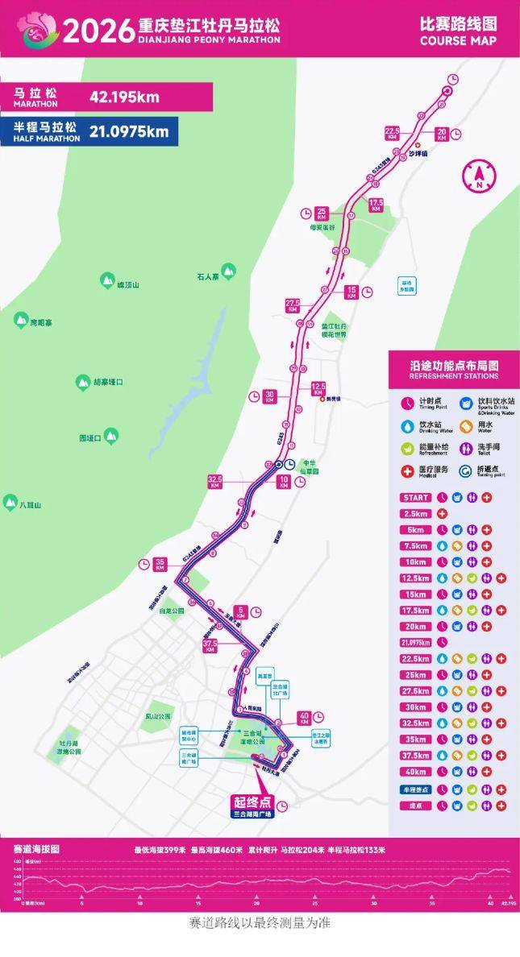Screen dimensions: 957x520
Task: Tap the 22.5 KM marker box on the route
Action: click(x=393, y=133)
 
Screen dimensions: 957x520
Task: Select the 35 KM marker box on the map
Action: click(x=160, y=565)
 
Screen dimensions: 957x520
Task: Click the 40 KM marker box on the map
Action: click(x=305, y=716)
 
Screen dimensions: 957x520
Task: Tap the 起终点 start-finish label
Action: click(x=253, y=802)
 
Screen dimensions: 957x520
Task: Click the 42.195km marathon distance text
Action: click(x=124, y=98)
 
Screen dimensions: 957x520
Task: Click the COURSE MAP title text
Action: click(x=458, y=40)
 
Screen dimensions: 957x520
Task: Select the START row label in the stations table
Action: click(x=414, y=498)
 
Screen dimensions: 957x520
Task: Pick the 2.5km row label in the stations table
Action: click(x=414, y=513)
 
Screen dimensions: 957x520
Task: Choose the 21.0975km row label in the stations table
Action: click(x=414, y=642)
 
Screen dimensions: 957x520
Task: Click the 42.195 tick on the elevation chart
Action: click(x=508, y=904)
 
